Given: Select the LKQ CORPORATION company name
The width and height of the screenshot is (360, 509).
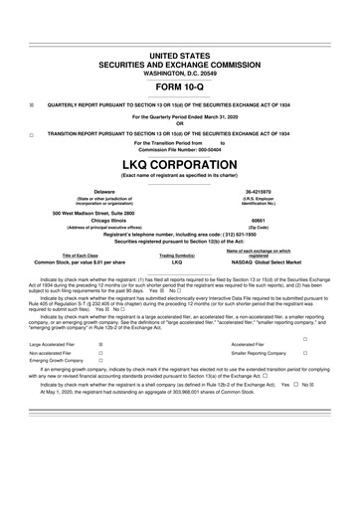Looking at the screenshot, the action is [180, 164].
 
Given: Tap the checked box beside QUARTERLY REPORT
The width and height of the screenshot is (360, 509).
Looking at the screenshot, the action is [33, 103].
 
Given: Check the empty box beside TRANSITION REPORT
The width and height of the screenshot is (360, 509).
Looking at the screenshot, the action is [33, 132].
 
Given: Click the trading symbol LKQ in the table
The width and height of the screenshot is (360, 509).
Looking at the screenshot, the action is [177, 260].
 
